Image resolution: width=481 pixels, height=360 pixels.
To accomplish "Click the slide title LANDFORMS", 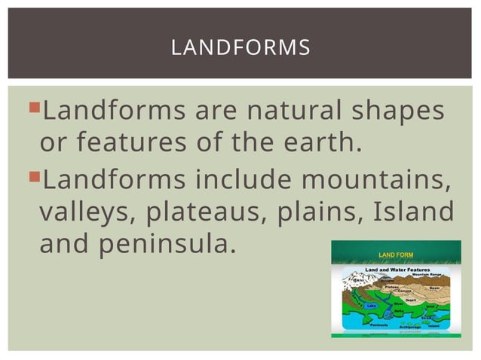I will click(x=240, y=47).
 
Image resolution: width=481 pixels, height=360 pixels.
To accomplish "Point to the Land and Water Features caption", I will click(x=397, y=269).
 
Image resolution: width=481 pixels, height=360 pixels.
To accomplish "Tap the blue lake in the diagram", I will click(x=371, y=306).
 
